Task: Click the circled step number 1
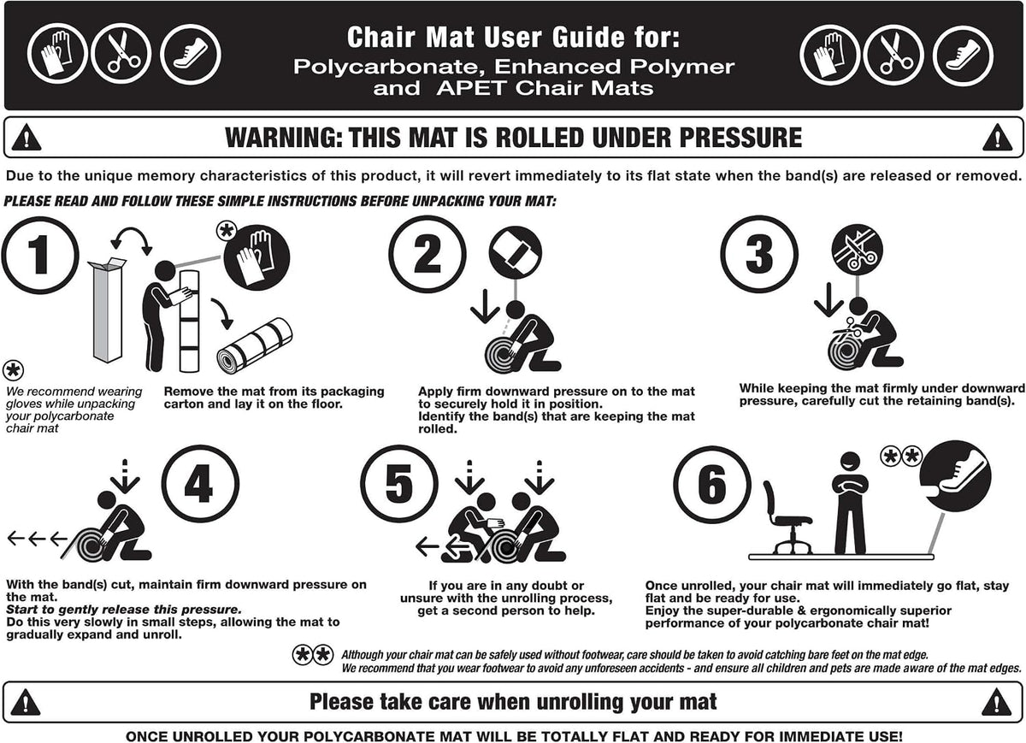tap(40, 255)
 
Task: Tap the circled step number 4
tap(200, 484)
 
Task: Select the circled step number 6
tap(712, 484)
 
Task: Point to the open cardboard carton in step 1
tap(108, 310)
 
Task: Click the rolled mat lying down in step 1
tap(255, 345)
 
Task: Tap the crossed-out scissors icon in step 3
tap(857, 250)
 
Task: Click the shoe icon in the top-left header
tap(191, 55)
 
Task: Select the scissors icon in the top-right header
tap(893, 55)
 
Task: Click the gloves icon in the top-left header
tap(57, 54)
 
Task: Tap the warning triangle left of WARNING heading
tap(27, 137)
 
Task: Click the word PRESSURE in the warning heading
tap(740, 137)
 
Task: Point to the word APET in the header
tap(473, 88)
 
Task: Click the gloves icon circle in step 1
tap(256, 257)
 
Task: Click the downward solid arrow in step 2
tap(485, 306)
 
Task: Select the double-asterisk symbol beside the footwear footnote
tap(313, 655)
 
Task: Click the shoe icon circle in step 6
tap(955, 476)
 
